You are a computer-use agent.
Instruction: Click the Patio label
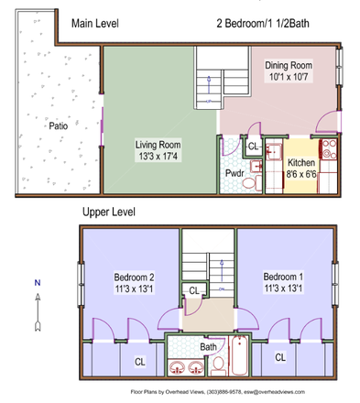[59, 125]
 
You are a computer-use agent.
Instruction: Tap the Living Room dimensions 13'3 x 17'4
[158, 157]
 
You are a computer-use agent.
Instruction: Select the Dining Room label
[289, 65]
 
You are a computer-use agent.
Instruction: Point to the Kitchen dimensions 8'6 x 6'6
[301, 174]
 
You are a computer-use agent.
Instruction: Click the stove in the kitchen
[328, 149]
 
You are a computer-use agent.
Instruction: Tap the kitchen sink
[273, 152]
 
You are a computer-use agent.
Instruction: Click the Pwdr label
[235, 173]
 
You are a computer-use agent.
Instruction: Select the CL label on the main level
[253, 147]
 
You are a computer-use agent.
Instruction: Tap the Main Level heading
[95, 23]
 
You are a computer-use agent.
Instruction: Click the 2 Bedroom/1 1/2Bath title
[263, 23]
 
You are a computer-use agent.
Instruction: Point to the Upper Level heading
[109, 212]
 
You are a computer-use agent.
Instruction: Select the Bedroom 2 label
[134, 278]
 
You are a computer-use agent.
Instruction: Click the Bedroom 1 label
[283, 277]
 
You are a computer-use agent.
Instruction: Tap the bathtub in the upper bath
[239, 355]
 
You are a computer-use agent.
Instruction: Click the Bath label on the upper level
[208, 347]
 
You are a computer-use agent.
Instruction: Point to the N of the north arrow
[38, 283]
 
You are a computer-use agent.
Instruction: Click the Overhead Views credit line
[218, 392]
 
